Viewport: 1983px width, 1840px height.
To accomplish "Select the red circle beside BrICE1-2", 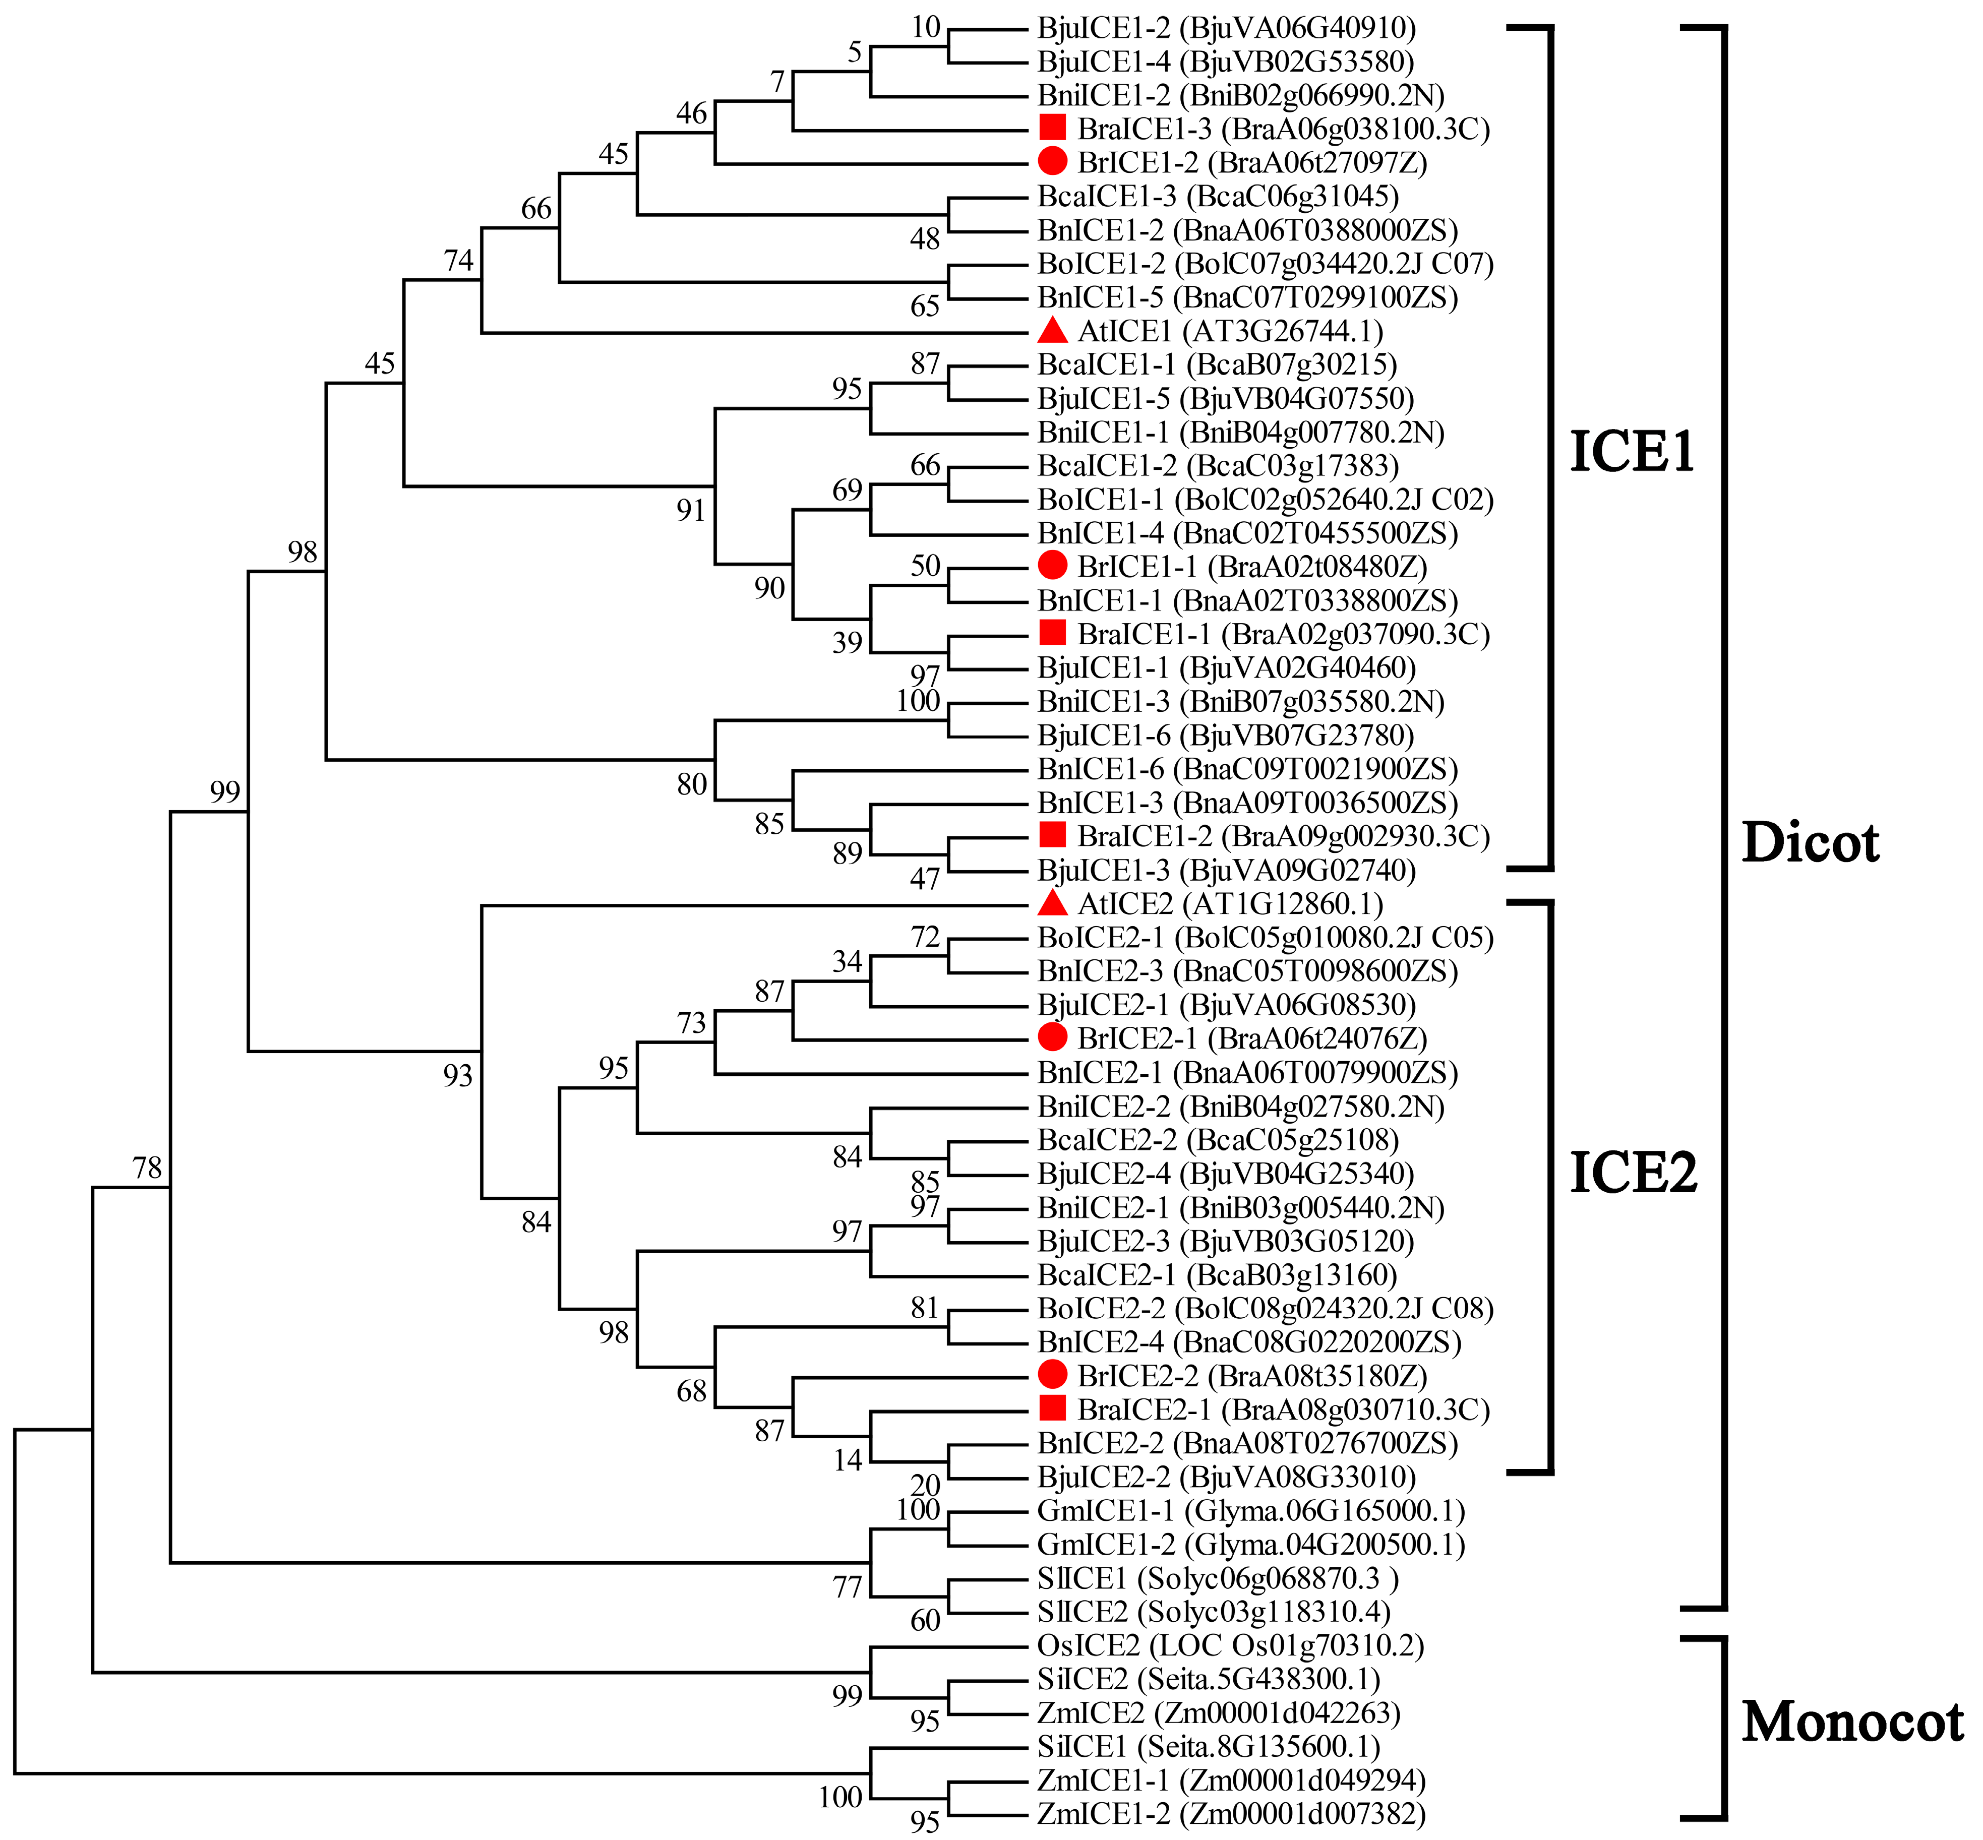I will click(x=1053, y=161).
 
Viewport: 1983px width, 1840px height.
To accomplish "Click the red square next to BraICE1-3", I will click(x=1053, y=128).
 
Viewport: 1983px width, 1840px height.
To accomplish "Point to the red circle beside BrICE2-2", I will click(x=1053, y=1375).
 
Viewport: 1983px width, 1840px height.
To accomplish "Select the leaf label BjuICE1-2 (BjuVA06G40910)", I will click(x=1226, y=28).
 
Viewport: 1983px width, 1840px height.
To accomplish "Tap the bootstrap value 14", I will click(x=848, y=1460).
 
